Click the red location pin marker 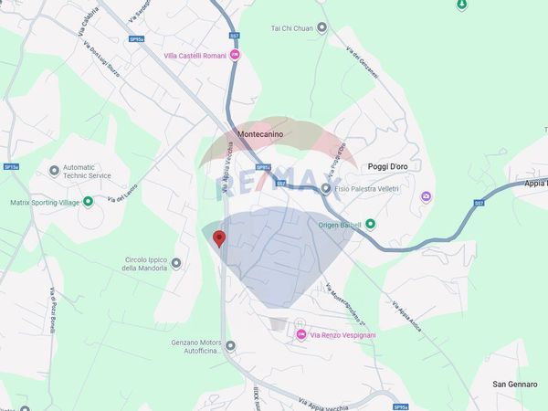(x=218, y=238)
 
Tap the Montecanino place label (x=260, y=134)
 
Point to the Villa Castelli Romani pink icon (x=235, y=55)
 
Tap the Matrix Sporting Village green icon (x=88, y=202)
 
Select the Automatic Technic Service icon (x=54, y=170)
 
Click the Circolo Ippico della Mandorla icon (x=175, y=263)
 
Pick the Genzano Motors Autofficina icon (x=230, y=346)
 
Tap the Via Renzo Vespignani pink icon (x=301, y=335)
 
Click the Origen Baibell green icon (x=370, y=224)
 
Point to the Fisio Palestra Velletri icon (x=325, y=188)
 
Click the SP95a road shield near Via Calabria (x=137, y=39)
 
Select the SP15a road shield (x=11, y=167)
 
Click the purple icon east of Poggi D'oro (x=426, y=196)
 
